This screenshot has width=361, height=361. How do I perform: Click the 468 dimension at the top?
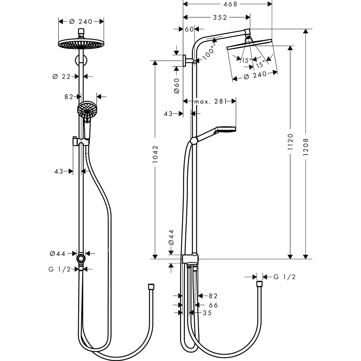(228, 4)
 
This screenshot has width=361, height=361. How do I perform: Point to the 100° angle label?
(208, 52)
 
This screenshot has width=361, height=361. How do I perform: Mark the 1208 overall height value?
(306, 148)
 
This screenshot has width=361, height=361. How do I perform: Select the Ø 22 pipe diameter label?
(61, 76)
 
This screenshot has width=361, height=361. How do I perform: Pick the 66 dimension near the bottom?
(213, 305)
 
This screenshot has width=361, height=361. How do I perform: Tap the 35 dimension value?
(207, 313)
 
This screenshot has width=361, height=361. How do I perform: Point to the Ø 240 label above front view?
(81, 21)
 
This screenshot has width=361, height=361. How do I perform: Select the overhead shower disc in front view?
(81, 44)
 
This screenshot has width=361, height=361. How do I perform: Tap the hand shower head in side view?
(226, 129)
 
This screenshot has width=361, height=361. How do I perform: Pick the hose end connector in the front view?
(151, 287)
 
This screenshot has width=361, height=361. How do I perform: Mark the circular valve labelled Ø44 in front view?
(81, 259)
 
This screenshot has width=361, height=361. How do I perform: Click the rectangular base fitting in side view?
(190, 259)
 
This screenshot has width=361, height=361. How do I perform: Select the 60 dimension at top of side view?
(189, 29)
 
